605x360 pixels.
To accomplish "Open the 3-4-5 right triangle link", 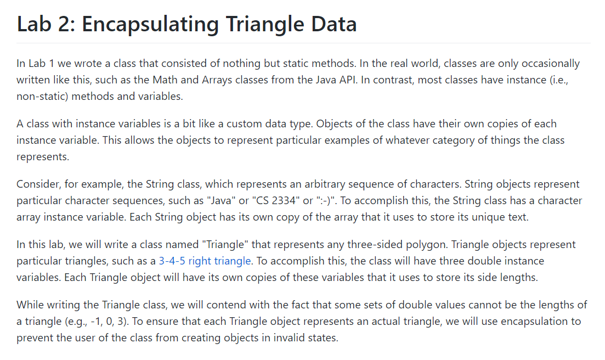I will click(205, 261).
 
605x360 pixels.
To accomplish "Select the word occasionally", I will click(546, 64).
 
